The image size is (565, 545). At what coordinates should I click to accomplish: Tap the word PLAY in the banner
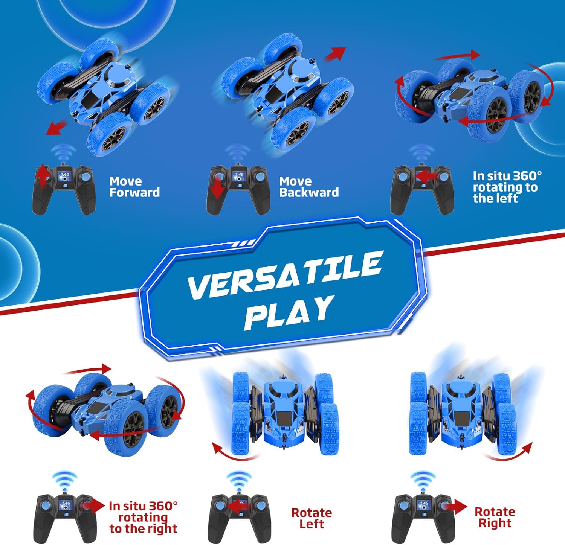coord(289,313)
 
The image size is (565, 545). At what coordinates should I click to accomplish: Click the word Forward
coord(134,192)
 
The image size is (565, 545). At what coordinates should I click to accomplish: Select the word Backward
coord(309,192)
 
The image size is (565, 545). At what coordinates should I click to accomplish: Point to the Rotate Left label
coord(312,518)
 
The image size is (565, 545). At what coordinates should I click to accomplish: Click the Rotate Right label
coord(495,517)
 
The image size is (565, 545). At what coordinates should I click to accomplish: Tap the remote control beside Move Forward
coord(64,189)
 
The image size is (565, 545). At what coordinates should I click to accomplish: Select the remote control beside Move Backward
coord(238,189)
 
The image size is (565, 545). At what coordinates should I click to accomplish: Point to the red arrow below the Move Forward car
coord(56,128)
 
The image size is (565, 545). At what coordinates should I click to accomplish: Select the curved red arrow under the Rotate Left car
coord(234,453)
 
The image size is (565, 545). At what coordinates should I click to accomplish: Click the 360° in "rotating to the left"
coord(527,176)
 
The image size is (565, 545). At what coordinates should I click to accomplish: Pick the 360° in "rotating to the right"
coord(163,506)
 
